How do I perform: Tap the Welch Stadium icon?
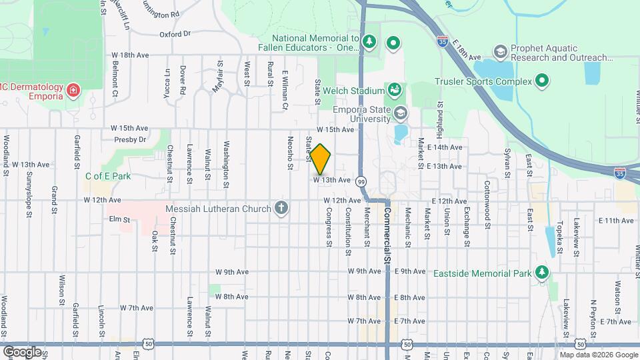pyautogui.click(x=394, y=90)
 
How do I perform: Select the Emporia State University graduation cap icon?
pyautogui.click(x=400, y=113)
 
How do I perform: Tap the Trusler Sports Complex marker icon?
pyautogui.click(x=542, y=81)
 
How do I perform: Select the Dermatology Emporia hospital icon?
pyautogui.click(x=73, y=89)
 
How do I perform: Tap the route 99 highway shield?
pyautogui.click(x=361, y=181)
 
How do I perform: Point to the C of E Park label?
pyautogui.click(x=107, y=177)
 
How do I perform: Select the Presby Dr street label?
pyautogui.click(x=130, y=140)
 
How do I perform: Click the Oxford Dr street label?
pyautogui.click(x=175, y=33)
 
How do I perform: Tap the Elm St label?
pyautogui.click(x=118, y=218)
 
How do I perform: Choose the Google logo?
pyautogui.click(x=22, y=351)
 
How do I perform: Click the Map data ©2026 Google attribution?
pyautogui.click(x=598, y=355)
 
